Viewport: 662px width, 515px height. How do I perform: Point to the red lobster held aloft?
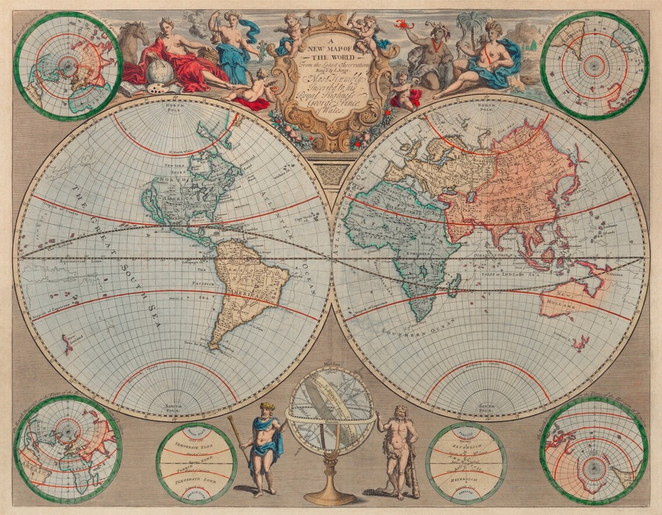pos(401,24)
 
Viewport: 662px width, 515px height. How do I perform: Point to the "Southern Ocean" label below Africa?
pos(409,333)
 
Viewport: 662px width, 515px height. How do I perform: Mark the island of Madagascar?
pos(455,283)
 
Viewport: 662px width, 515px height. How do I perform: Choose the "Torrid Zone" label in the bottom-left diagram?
pos(196,462)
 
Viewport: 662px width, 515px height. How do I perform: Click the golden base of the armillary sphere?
pos(330,496)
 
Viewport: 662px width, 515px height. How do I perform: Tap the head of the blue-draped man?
pos(267,408)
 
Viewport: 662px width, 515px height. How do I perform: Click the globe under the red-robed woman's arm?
pos(159,72)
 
